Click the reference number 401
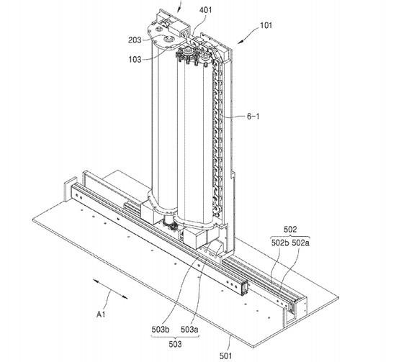205,10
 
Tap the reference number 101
266,25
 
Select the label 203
135,40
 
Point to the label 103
135,60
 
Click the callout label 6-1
253,117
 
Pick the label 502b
280,243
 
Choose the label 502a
300,243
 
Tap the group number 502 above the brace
290,230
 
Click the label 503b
161,330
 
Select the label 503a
189,330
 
